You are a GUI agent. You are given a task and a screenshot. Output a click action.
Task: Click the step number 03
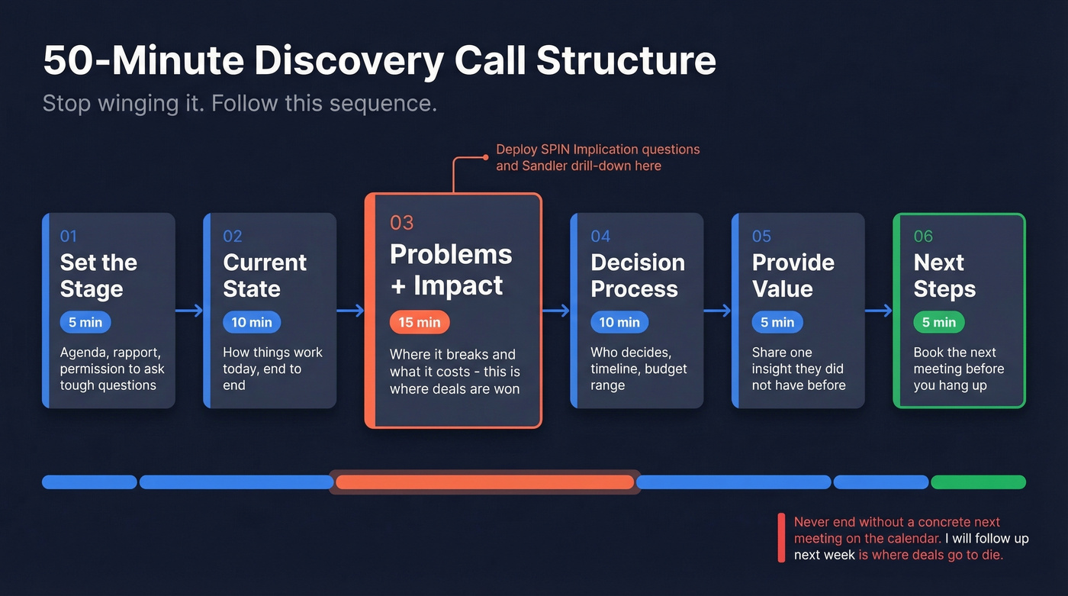pyautogui.click(x=401, y=222)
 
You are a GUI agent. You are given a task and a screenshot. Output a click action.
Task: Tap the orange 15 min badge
pyautogui.click(x=420, y=322)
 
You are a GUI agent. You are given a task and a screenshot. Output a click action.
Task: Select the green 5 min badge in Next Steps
pyautogui.click(x=938, y=322)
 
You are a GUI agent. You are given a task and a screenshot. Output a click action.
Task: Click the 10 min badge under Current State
pyautogui.click(x=252, y=322)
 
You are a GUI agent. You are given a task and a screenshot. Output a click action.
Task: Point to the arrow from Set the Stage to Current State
pyautogui.click(x=189, y=311)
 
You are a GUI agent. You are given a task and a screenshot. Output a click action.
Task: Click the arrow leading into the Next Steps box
pyautogui.click(x=879, y=311)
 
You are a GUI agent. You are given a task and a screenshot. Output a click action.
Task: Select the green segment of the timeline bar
pyautogui.click(x=978, y=482)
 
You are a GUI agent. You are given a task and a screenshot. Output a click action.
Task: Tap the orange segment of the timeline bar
pyautogui.click(x=484, y=482)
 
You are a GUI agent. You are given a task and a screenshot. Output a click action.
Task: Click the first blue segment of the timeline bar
pyautogui.click(x=89, y=482)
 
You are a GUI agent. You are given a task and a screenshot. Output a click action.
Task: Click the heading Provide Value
pyautogui.click(x=793, y=275)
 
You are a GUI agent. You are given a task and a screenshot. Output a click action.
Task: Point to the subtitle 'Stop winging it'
pyautogui.click(x=123, y=103)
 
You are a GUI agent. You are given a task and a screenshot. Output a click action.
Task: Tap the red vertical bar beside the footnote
pyautogui.click(x=781, y=538)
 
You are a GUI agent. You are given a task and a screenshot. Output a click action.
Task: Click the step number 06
pyautogui.click(x=923, y=236)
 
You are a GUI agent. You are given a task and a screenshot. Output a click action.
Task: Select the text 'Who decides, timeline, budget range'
pyautogui.click(x=639, y=369)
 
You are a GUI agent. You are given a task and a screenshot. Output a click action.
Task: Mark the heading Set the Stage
pyautogui.click(x=98, y=275)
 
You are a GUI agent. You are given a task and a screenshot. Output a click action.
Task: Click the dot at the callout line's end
pyautogui.click(x=485, y=157)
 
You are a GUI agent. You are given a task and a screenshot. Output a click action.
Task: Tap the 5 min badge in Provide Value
pyautogui.click(x=777, y=322)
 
